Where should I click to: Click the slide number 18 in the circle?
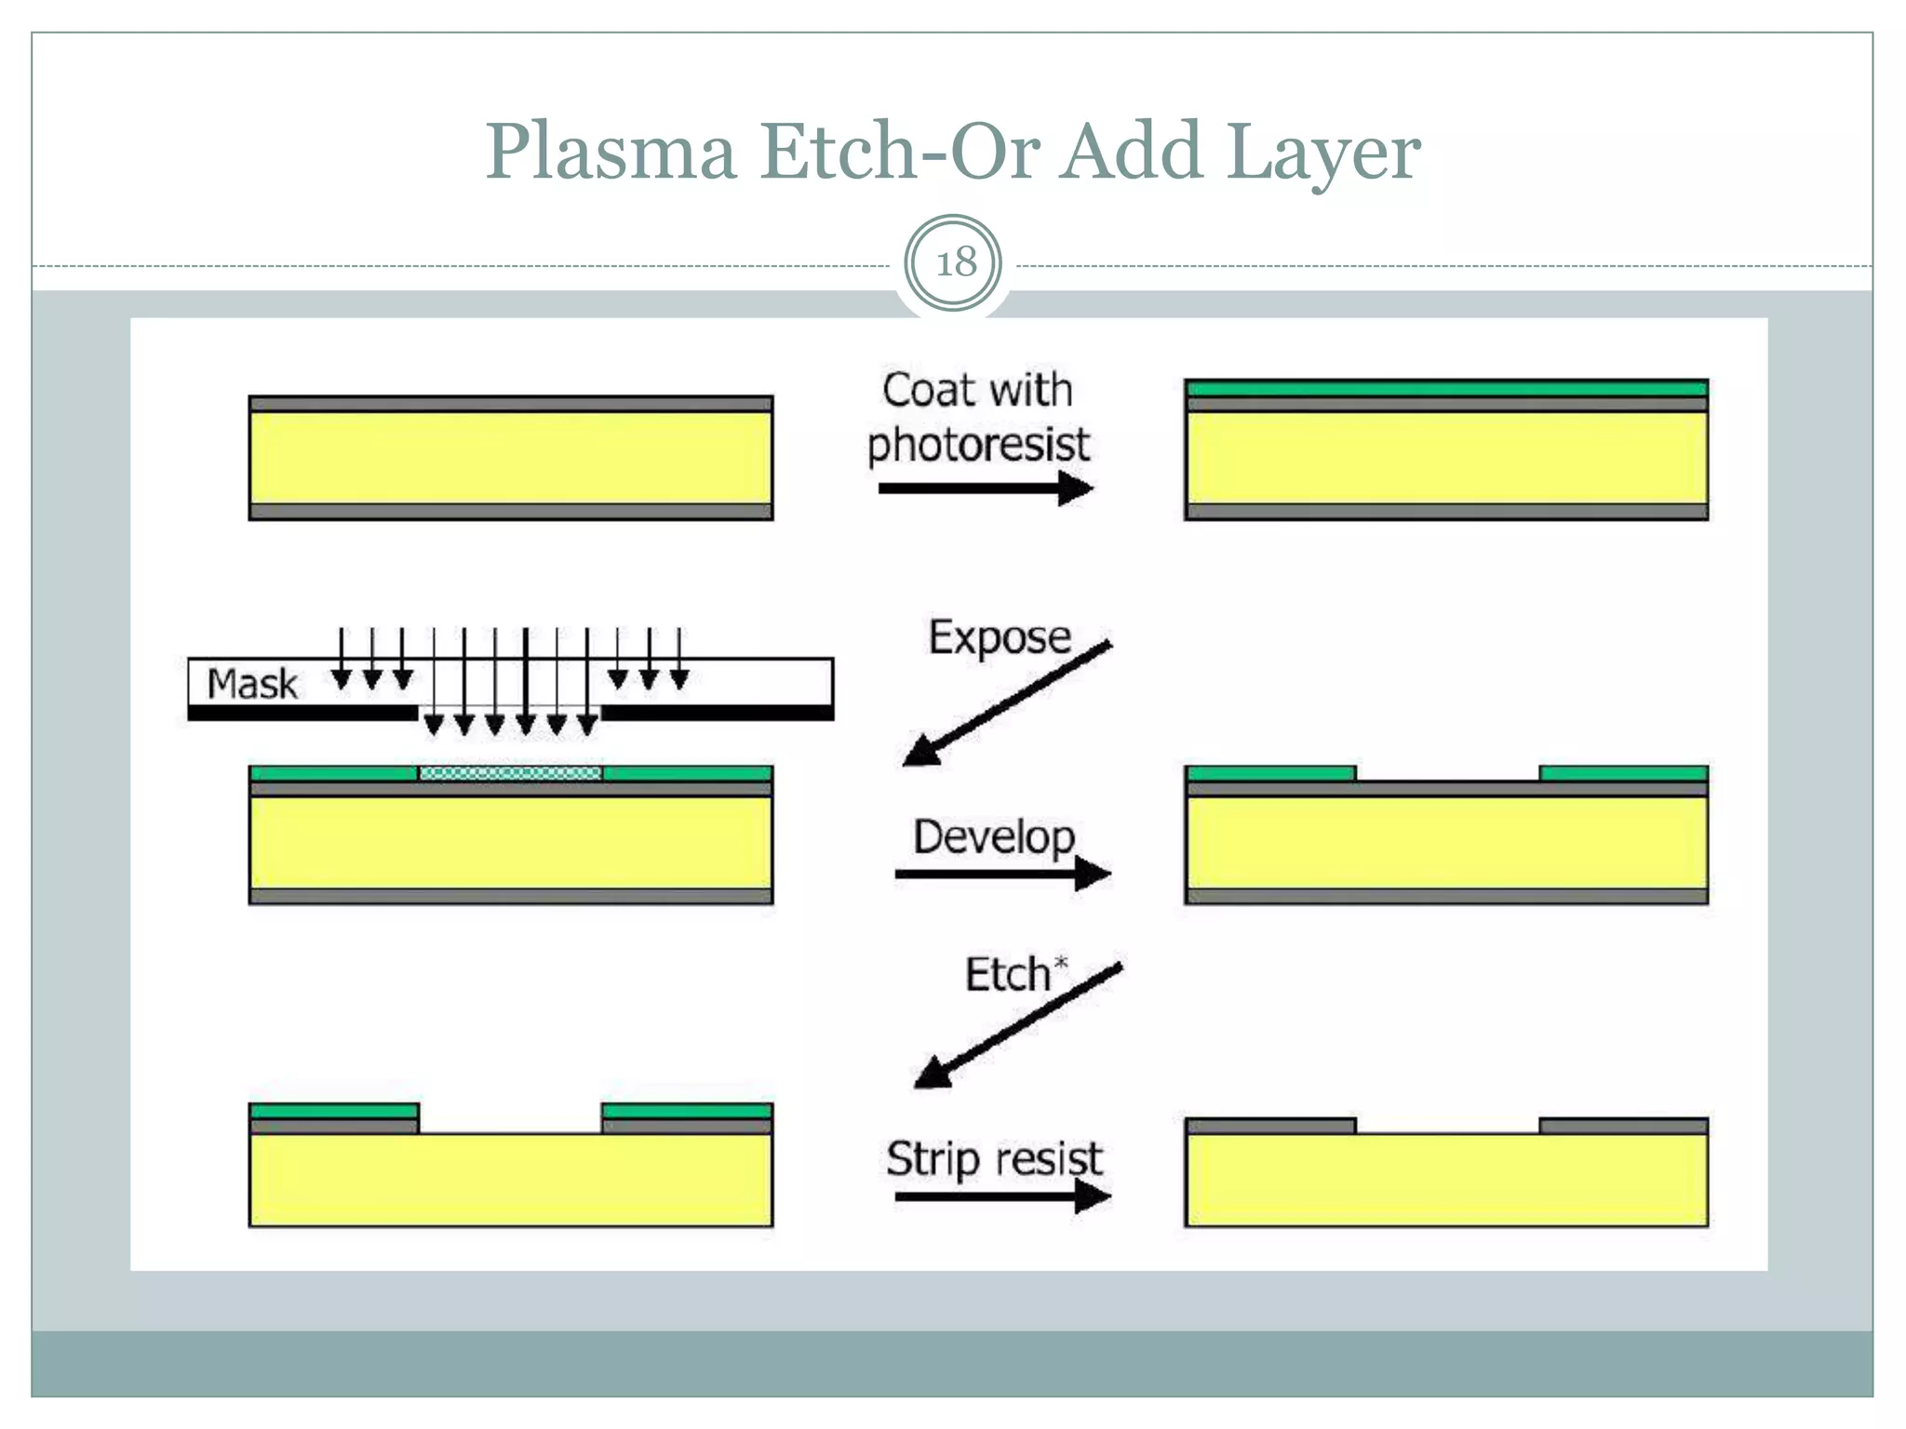pos(954,263)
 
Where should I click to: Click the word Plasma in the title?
pos(611,151)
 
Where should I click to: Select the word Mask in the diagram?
pos(252,684)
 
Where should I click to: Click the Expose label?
pos(1000,637)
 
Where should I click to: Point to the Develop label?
pos(993,836)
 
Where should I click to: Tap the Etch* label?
pos(1014,974)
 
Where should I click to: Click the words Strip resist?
pos(993,1159)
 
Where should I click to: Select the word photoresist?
pos(977,445)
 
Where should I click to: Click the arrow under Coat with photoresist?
pos(984,488)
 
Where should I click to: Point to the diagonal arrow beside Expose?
pos(1007,703)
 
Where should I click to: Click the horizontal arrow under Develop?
pos(1001,874)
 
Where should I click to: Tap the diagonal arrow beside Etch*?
pos(1017,1025)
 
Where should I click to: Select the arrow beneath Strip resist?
pos(1001,1195)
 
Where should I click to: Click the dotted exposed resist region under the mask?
pos(510,773)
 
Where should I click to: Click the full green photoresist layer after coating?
pos(1445,388)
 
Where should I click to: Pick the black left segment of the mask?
pos(302,713)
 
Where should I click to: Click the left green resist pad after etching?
pos(334,1111)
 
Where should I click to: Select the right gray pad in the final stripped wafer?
pos(1623,1127)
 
